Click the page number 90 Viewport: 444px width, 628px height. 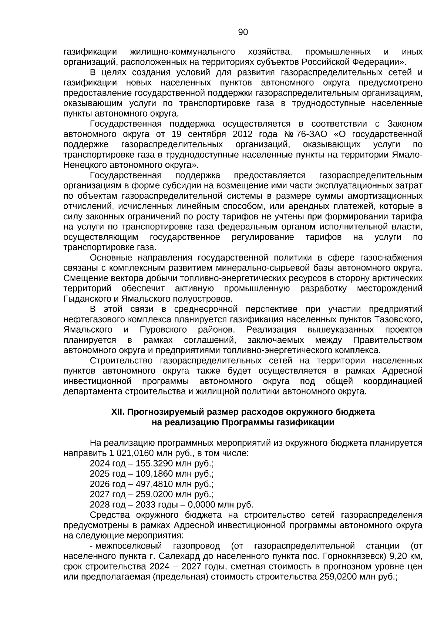click(x=243, y=33)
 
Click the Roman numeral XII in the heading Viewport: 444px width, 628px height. click(x=117, y=412)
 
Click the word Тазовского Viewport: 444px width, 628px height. click(x=398, y=319)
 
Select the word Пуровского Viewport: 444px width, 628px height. click(x=164, y=329)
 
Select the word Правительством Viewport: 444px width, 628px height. click(x=388, y=340)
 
